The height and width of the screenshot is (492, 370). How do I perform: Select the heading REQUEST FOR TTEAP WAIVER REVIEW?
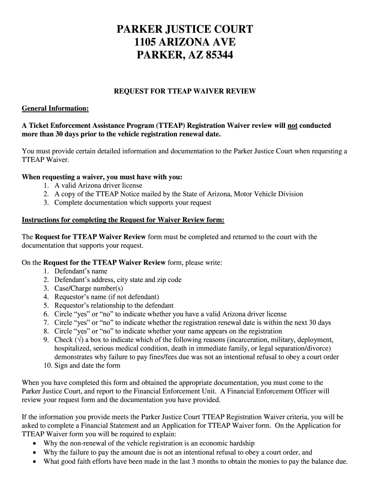pyautogui.click(x=185, y=91)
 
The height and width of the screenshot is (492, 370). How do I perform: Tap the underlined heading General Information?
pyautogui.click(x=55, y=109)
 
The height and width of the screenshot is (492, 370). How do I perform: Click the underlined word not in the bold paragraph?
pyautogui.click(x=292, y=126)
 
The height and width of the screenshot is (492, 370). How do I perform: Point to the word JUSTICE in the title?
pyautogui.click(x=185, y=29)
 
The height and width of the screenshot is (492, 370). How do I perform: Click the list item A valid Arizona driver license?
pyautogui.click(x=98, y=185)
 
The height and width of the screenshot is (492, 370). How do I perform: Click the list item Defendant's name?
pyautogui.click(x=81, y=271)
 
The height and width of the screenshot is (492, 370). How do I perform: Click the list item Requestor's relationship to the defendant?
pyautogui.click(x=114, y=306)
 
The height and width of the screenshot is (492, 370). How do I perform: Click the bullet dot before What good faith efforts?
pyautogui.click(x=34, y=462)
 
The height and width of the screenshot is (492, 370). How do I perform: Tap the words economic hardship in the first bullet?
pyautogui.click(x=228, y=443)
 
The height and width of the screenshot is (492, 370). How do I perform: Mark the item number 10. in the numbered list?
pyautogui.click(x=47, y=365)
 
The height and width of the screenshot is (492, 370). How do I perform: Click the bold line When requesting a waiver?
pyautogui.click(x=102, y=177)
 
